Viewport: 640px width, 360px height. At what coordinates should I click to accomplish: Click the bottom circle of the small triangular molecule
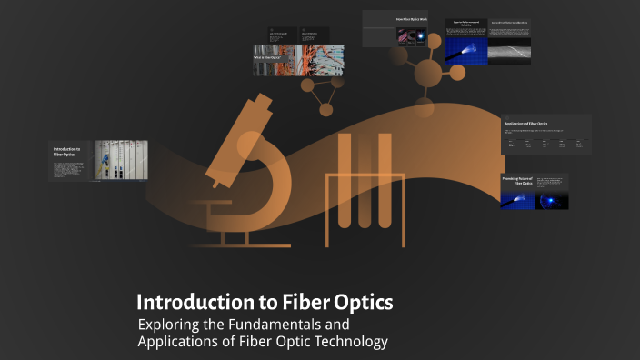click(x=325, y=109)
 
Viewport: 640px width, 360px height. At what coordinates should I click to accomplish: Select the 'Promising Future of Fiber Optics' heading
click(x=516, y=181)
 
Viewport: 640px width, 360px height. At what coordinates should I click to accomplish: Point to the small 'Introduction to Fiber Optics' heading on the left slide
click(x=66, y=151)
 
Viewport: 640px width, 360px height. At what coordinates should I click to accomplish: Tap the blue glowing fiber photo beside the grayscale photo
click(x=466, y=51)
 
